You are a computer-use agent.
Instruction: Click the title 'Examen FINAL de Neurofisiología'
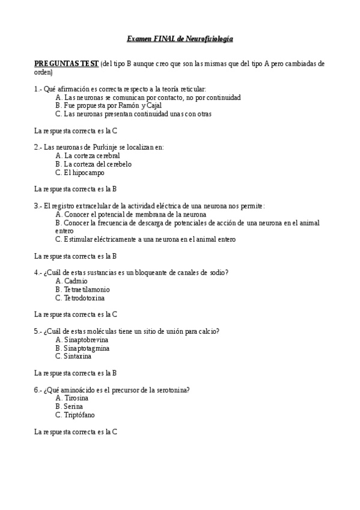[x=180, y=39]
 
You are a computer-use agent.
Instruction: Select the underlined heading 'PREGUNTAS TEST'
[x=66, y=63]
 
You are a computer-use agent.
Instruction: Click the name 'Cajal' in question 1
[x=153, y=105]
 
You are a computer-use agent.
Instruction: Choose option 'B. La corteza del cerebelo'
[x=93, y=164]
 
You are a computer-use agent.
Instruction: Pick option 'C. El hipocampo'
[x=79, y=172]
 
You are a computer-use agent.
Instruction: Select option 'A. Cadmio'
[x=72, y=281]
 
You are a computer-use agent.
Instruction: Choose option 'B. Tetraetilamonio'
[x=82, y=289]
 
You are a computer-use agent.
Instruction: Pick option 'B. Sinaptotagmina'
[x=82, y=348]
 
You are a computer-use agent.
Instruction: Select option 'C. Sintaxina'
[x=73, y=357]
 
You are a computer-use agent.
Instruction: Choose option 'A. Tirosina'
[x=72, y=398]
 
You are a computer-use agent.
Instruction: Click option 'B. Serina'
[x=69, y=407]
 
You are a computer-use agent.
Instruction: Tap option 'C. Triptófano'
[x=75, y=415]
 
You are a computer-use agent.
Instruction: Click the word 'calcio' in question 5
[x=209, y=331]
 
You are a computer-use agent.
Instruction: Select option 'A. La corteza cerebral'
[x=88, y=155]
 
